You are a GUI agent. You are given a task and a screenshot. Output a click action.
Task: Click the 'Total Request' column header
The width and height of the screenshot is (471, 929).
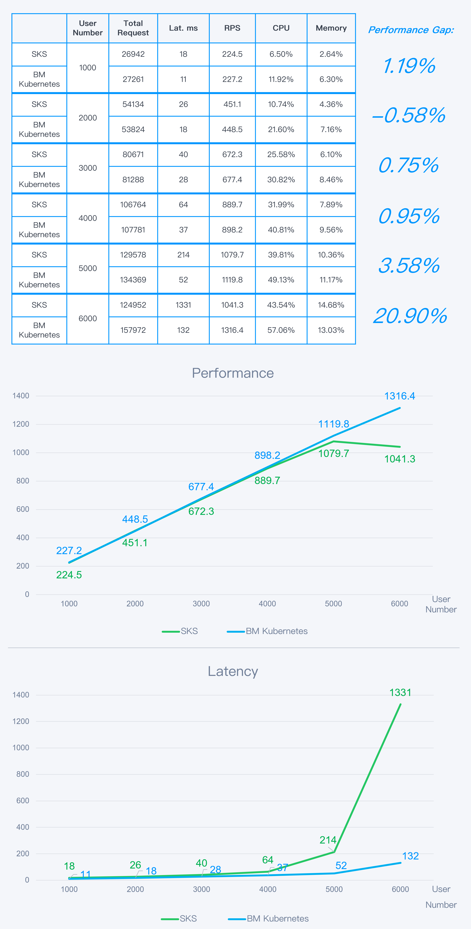click(x=133, y=28)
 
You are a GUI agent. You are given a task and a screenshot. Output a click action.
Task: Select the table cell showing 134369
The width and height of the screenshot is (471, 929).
click(x=133, y=280)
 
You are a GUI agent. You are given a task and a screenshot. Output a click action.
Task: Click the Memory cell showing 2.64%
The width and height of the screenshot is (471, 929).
click(x=331, y=54)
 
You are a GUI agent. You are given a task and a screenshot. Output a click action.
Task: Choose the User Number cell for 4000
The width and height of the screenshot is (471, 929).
click(x=88, y=218)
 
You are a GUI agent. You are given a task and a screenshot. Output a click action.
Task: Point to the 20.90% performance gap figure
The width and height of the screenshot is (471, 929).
click(x=410, y=316)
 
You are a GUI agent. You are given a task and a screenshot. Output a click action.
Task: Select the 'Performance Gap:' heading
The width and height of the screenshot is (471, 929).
click(x=411, y=30)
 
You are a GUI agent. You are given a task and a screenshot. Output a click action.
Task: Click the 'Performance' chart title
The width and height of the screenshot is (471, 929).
click(x=233, y=373)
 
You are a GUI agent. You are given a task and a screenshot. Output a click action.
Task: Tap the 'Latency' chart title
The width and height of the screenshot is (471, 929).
click(x=233, y=671)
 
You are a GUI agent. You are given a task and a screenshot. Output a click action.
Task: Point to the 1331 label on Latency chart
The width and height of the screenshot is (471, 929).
click(x=400, y=692)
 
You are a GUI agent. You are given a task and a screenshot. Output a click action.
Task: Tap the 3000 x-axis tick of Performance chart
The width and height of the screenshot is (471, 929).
click(x=201, y=604)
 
